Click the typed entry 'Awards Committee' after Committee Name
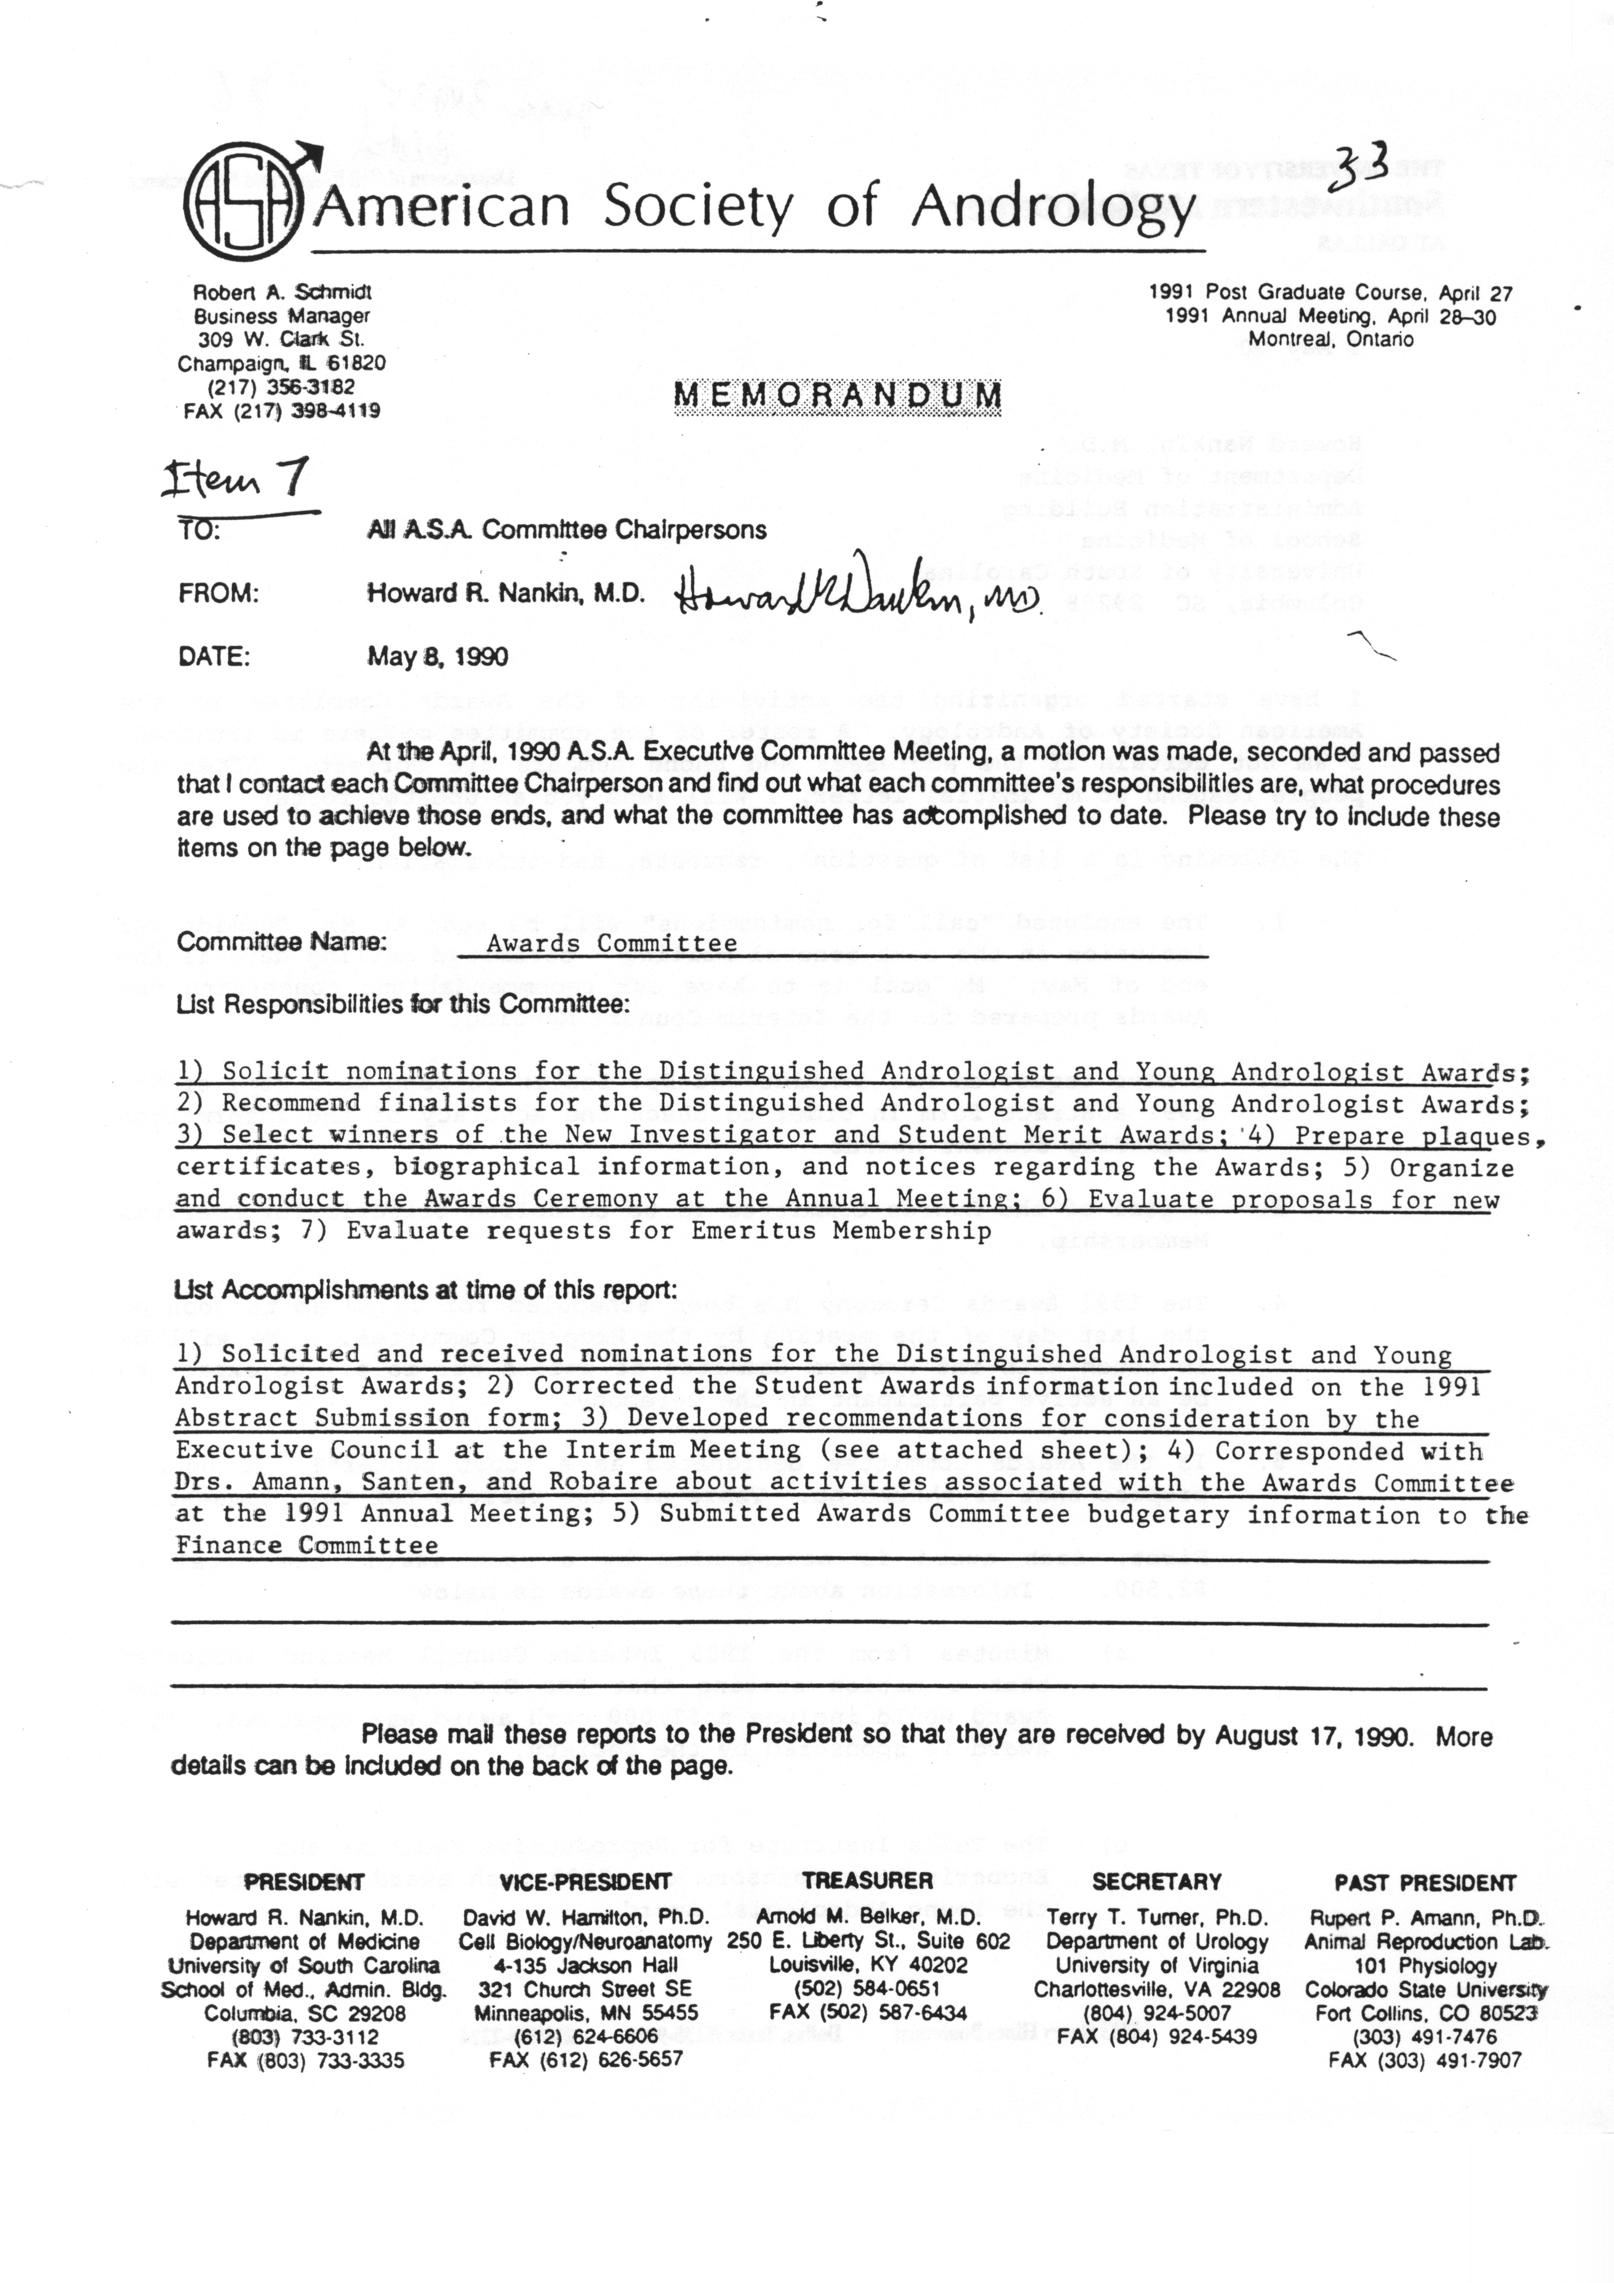pyautogui.click(x=612, y=944)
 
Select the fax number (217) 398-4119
pyautogui.click(x=306, y=411)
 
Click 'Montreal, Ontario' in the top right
pyautogui.click(x=1331, y=339)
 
